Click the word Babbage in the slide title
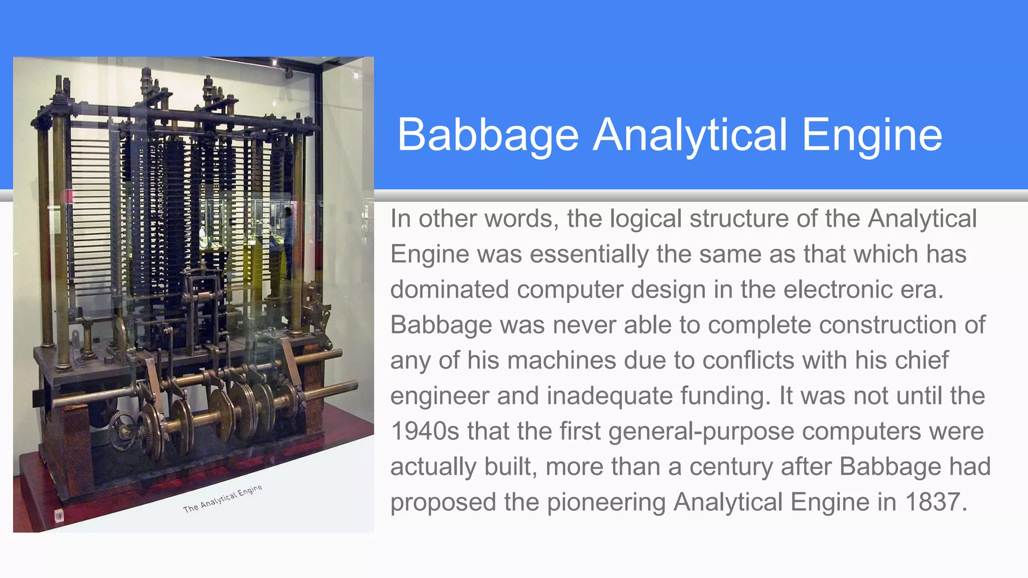tap(488, 134)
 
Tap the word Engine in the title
tap(872, 134)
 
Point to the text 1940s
tap(425, 431)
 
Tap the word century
tap(731, 467)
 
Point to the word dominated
tap(449, 290)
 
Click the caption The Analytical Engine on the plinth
tap(222, 499)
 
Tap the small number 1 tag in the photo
tap(59, 516)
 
